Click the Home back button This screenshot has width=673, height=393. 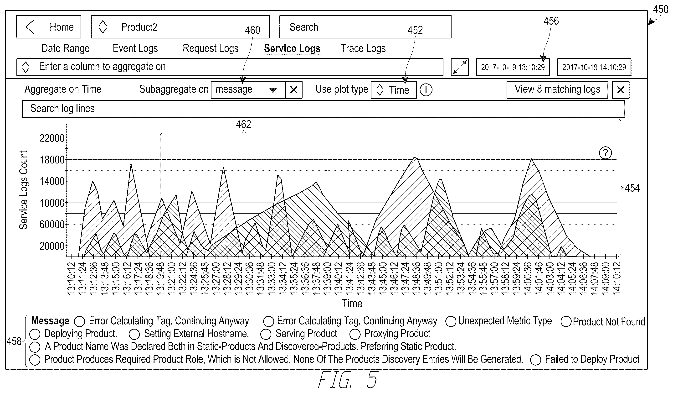(x=49, y=27)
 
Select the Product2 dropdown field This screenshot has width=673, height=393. (x=180, y=27)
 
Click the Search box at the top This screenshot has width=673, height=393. (x=365, y=27)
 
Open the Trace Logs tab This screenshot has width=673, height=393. (x=363, y=48)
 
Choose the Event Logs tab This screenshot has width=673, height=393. (x=135, y=48)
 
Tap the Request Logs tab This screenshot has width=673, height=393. (x=211, y=48)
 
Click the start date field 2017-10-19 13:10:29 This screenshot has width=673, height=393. (x=513, y=67)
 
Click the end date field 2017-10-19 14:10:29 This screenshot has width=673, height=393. (x=594, y=67)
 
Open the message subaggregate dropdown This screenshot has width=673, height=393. (x=248, y=90)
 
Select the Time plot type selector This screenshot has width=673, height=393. (x=394, y=90)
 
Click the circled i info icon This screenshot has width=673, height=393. (x=426, y=90)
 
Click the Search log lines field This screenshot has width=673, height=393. (x=324, y=109)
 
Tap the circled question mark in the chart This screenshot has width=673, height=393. (x=606, y=153)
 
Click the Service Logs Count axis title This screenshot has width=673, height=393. (x=24, y=190)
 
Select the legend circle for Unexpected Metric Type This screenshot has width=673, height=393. (x=451, y=321)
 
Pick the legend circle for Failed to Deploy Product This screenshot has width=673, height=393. (x=535, y=360)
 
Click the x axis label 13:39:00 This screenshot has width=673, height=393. (x=327, y=278)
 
